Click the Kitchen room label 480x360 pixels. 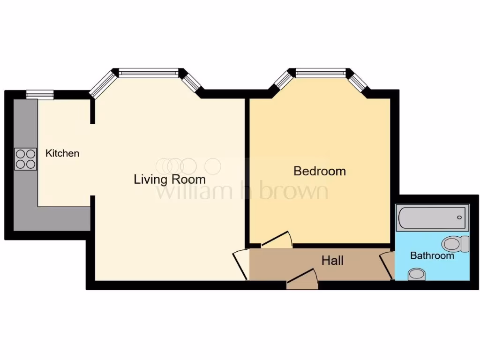[x=62, y=153]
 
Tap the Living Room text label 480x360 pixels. [x=169, y=179]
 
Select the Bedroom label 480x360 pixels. [x=319, y=171]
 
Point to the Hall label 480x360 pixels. [x=332, y=261]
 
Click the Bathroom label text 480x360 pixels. [x=432, y=256]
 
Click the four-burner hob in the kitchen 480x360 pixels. [x=26, y=158]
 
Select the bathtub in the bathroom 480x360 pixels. [x=432, y=217]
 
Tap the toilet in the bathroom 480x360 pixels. [x=455, y=243]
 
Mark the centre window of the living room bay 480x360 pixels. [x=148, y=73]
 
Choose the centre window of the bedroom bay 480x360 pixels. [x=321, y=73]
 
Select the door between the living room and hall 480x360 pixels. [x=241, y=263]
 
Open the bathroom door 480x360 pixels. [x=387, y=265]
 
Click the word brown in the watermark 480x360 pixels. [x=293, y=191]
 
